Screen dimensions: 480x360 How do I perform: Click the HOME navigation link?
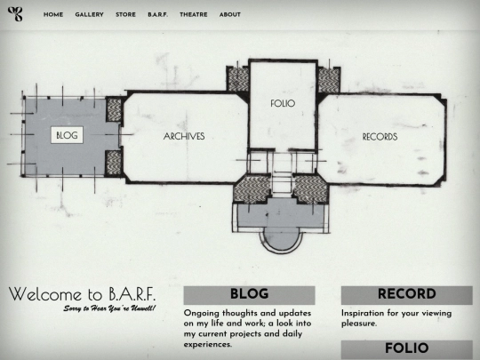(x=53, y=15)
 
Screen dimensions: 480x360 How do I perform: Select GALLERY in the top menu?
(x=90, y=15)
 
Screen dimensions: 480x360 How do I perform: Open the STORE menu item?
(x=125, y=15)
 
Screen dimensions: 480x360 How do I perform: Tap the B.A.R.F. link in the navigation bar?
(x=158, y=15)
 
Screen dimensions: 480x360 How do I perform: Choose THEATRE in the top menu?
(x=194, y=15)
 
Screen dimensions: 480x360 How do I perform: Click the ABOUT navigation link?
(x=230, y=15)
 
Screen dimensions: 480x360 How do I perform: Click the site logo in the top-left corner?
(x=15, y=14)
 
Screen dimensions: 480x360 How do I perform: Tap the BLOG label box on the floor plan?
(x=67, y=135)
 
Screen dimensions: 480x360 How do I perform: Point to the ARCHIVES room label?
(x=184, y=136)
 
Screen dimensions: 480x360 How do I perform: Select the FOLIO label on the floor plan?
(x=283, y=103)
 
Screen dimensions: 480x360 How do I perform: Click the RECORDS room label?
(x=380, y=137)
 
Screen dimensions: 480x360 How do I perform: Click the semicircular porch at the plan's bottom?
(x=281, y=241)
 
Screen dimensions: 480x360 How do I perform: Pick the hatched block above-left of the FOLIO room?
(x=238, y=79)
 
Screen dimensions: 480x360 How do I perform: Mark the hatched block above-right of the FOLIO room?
(x=329, y=80)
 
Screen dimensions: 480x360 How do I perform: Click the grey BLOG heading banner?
(x=249, y=295)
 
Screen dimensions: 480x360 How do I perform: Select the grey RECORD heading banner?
(x=407, y=295)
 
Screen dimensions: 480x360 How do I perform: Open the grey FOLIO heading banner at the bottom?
(x=407, y=349)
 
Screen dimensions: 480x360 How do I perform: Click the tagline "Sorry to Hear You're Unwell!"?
(x=109, y=308)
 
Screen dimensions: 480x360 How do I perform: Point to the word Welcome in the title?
(x=45, y=294)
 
